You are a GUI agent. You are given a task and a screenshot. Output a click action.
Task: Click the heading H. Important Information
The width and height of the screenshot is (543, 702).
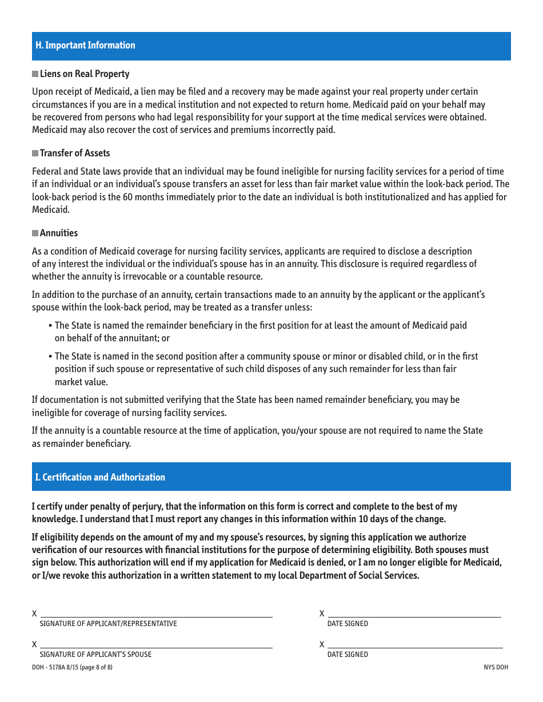tap(85, 46)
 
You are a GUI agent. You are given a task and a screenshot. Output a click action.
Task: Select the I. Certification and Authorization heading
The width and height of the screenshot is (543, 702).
tap(100, 477)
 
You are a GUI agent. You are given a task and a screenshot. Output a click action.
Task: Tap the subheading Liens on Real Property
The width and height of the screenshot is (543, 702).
tap(85, 74)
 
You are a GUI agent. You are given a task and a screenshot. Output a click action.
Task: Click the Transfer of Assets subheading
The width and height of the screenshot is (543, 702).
tap(75, 153)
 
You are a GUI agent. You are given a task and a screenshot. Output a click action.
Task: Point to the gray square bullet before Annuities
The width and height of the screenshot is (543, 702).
tap(35, 233)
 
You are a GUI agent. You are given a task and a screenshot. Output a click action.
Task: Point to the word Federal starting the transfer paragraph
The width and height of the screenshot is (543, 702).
tap(46, 171)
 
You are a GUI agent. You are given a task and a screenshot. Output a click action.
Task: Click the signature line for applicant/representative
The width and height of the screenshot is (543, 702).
tap(156, 614)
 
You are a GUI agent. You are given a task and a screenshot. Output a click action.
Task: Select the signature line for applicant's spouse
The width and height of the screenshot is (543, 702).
tap(156, 644)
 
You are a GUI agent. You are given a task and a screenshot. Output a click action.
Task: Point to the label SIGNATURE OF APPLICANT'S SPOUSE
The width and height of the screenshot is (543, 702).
tap(95, 655)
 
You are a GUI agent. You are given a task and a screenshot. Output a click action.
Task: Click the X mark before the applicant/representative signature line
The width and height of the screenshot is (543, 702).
tap(34, 614)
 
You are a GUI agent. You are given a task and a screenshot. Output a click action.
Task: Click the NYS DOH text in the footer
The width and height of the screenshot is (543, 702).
tap(496, 667)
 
